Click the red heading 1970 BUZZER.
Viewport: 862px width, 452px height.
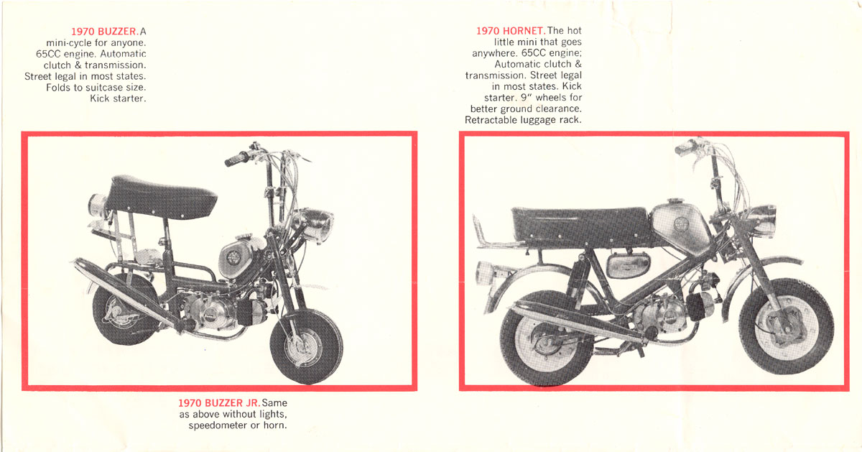[x=104, y=32]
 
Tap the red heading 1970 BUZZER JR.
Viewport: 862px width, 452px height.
[x=219, y=403]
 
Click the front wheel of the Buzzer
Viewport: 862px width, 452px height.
[x=306, y=346]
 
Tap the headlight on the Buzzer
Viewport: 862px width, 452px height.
[x=314, y=224]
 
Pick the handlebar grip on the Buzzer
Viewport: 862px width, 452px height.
[x=236, y=160]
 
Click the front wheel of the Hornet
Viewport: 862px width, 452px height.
[x=786, y=326]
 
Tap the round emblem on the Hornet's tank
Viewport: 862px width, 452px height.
[x=681, y=224]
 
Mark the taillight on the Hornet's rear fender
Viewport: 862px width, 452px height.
[x=486, y=272]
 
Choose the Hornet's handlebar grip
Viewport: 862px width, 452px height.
[x=687, y=148]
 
